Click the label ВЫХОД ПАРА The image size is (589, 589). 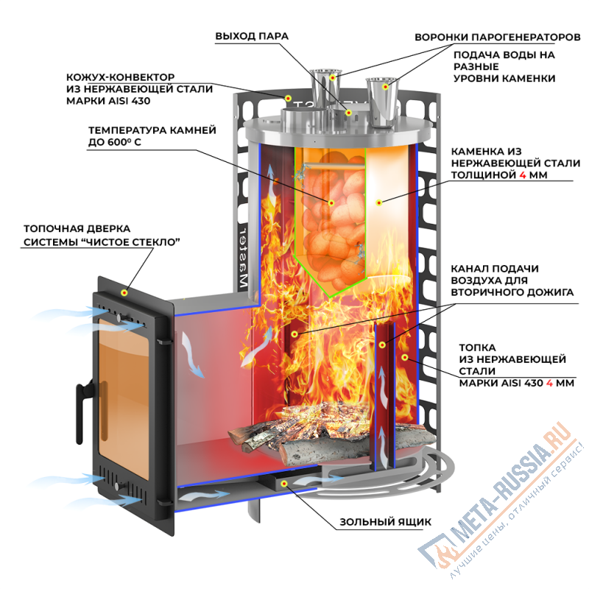point(252,35)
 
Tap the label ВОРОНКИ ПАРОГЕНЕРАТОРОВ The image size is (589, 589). point(498,36)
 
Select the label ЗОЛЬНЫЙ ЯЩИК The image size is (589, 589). point(385,522)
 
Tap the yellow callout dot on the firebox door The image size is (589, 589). point(124,292)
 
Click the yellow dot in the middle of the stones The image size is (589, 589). point(331,202)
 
